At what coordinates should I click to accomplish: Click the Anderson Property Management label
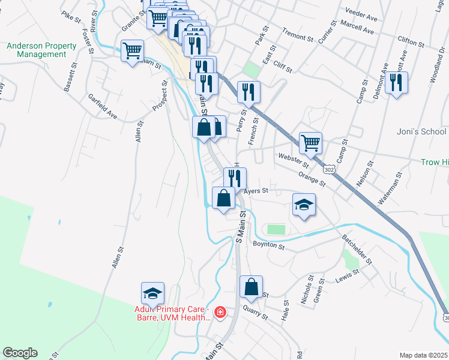pyautogui.click(x=41, y=50)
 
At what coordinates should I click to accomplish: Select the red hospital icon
pyautogui.click(x=220, y=312)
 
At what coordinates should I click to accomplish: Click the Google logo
pyautogui.click(x=20, y=353)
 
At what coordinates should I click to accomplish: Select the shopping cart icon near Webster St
pyautogui.click(x=310, y=143)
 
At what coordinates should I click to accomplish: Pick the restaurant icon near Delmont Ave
pyautogui.click(x=396, y=82)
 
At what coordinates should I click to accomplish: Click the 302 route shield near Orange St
pyautogui.click(x=328, y=170)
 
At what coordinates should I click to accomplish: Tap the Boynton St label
pyautogui.click(x=267, y=244)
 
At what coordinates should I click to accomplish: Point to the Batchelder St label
pyautogui.click(x=357, y=248)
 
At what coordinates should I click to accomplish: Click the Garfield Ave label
pyautogui.click(x=102, y=106)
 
